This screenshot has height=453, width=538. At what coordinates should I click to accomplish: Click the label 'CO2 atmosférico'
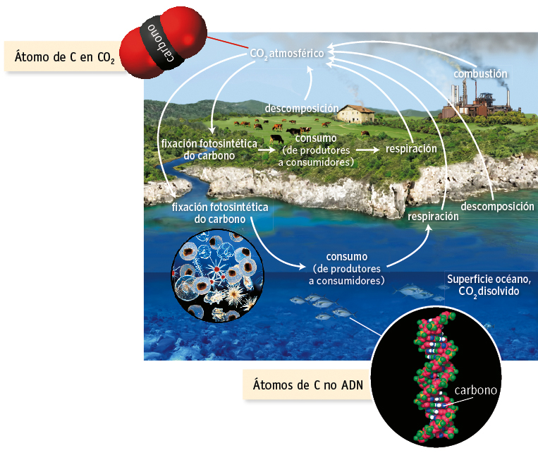pyautogui.click(x=286, y=53)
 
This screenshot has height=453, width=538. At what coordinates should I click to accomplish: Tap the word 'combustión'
pyautogui.click(x=480, y=73)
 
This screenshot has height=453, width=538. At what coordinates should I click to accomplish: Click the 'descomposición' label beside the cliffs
pyautogui.click(x=497, y=206)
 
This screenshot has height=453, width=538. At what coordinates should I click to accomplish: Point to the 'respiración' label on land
pyautogui.click(x=411, y=150)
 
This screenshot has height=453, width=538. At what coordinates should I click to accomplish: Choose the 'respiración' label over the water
pyautogui.click(x=433, y=217)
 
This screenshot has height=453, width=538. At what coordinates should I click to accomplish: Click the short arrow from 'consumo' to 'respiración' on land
pyautogui.click(x=367, y=150)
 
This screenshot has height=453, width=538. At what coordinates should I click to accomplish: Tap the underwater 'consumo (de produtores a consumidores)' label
pyautogui.click(x=347, y=269)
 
